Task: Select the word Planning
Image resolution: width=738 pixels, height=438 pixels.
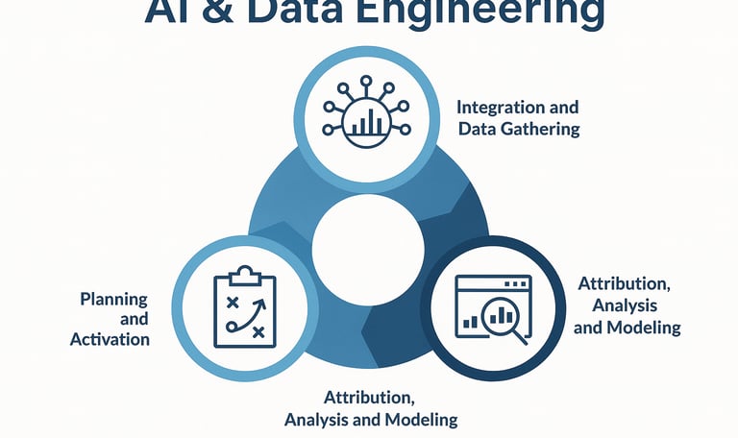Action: (114, 299)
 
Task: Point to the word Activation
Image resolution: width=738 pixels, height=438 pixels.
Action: (110, 339)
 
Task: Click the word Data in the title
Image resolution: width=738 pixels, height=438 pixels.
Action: (289, 12)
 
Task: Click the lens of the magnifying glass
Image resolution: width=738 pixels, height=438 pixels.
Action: (502, 316)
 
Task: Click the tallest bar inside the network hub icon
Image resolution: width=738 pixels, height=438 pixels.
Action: (370, 119)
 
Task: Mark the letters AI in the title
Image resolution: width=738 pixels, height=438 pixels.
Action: (160, 12)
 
